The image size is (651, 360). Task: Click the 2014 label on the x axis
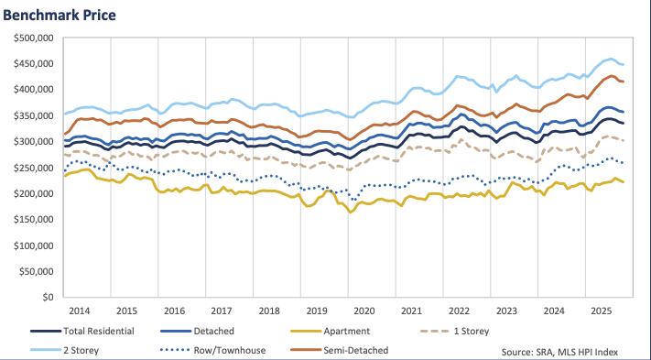pyautogui.click(x=78, y=311)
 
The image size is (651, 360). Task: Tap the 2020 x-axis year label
pyautogui.click(x=363, y=311)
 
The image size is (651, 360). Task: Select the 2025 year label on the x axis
pyautogui.click(x=602, y=311)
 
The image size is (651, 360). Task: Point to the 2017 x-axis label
pyautogui.click(x=221, y=311)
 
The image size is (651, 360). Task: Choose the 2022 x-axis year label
pyautogui.click(x=459, y=311)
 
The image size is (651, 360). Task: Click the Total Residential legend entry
pyautogui.click(x=99, y=331)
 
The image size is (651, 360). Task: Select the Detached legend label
pyautogui.click(x=213, y=331)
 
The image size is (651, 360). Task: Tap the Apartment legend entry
pyautogui.click(x=347, y=331)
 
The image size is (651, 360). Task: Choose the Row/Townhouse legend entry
pyautogui.click(x=223, y=350)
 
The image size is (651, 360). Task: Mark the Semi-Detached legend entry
pyautogui.click(x=356, y=350)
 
